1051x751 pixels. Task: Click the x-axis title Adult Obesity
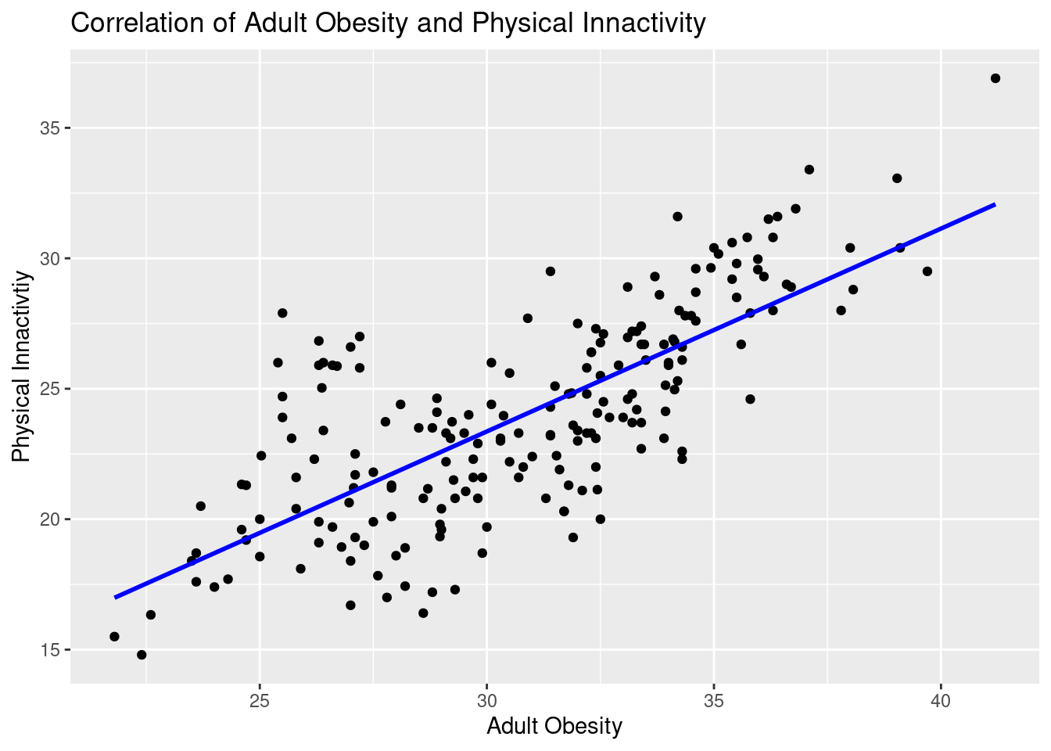[554, 726]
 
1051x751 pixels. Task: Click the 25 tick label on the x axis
[260, 700]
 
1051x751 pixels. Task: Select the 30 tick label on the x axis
[486, 700]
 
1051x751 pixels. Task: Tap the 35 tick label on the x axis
[714, 700]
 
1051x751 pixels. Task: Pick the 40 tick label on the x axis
[941, 700]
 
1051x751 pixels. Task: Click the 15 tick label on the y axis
[50, 650]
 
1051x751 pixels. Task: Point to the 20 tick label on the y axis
[50, 519]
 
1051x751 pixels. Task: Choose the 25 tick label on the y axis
[50, 389]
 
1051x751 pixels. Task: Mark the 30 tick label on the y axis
[50, 258]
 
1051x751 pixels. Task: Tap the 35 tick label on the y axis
[50, 128]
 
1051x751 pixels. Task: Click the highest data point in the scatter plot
[995, 78]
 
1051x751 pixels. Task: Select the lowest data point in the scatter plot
[142, 655]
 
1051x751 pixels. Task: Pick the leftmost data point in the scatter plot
[114, 637]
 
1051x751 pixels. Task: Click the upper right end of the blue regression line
[995, 204]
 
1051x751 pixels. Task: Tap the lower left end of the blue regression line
[115, 598]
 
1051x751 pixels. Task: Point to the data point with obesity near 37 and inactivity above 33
[809, 170]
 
